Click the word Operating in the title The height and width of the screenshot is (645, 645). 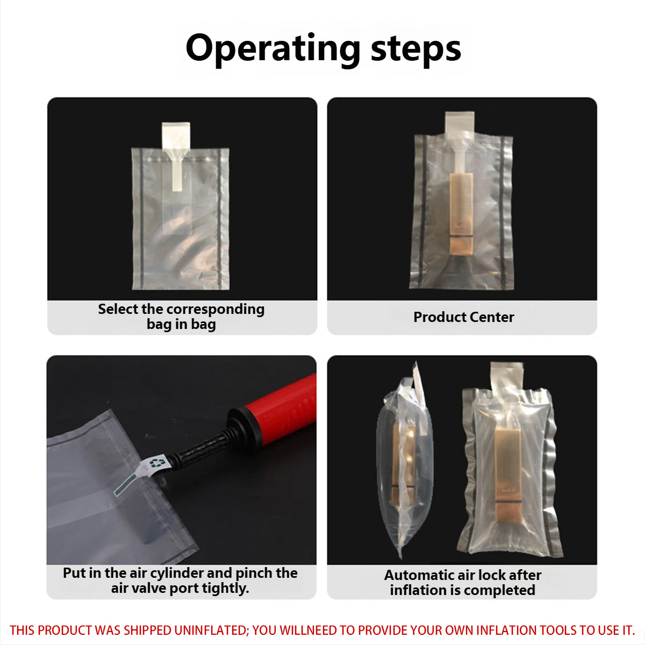pyautogui.click(x=273, y=48)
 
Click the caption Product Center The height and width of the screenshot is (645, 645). pyautogui.click(x=463, y=317)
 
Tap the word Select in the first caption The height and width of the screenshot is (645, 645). pyautogui.click(x=118, y=309)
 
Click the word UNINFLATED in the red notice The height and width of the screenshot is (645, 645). pyautogui.click(x=211, y=630)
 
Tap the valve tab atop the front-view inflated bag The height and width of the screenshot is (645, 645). pyautogui.click(x=506, y=376)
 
